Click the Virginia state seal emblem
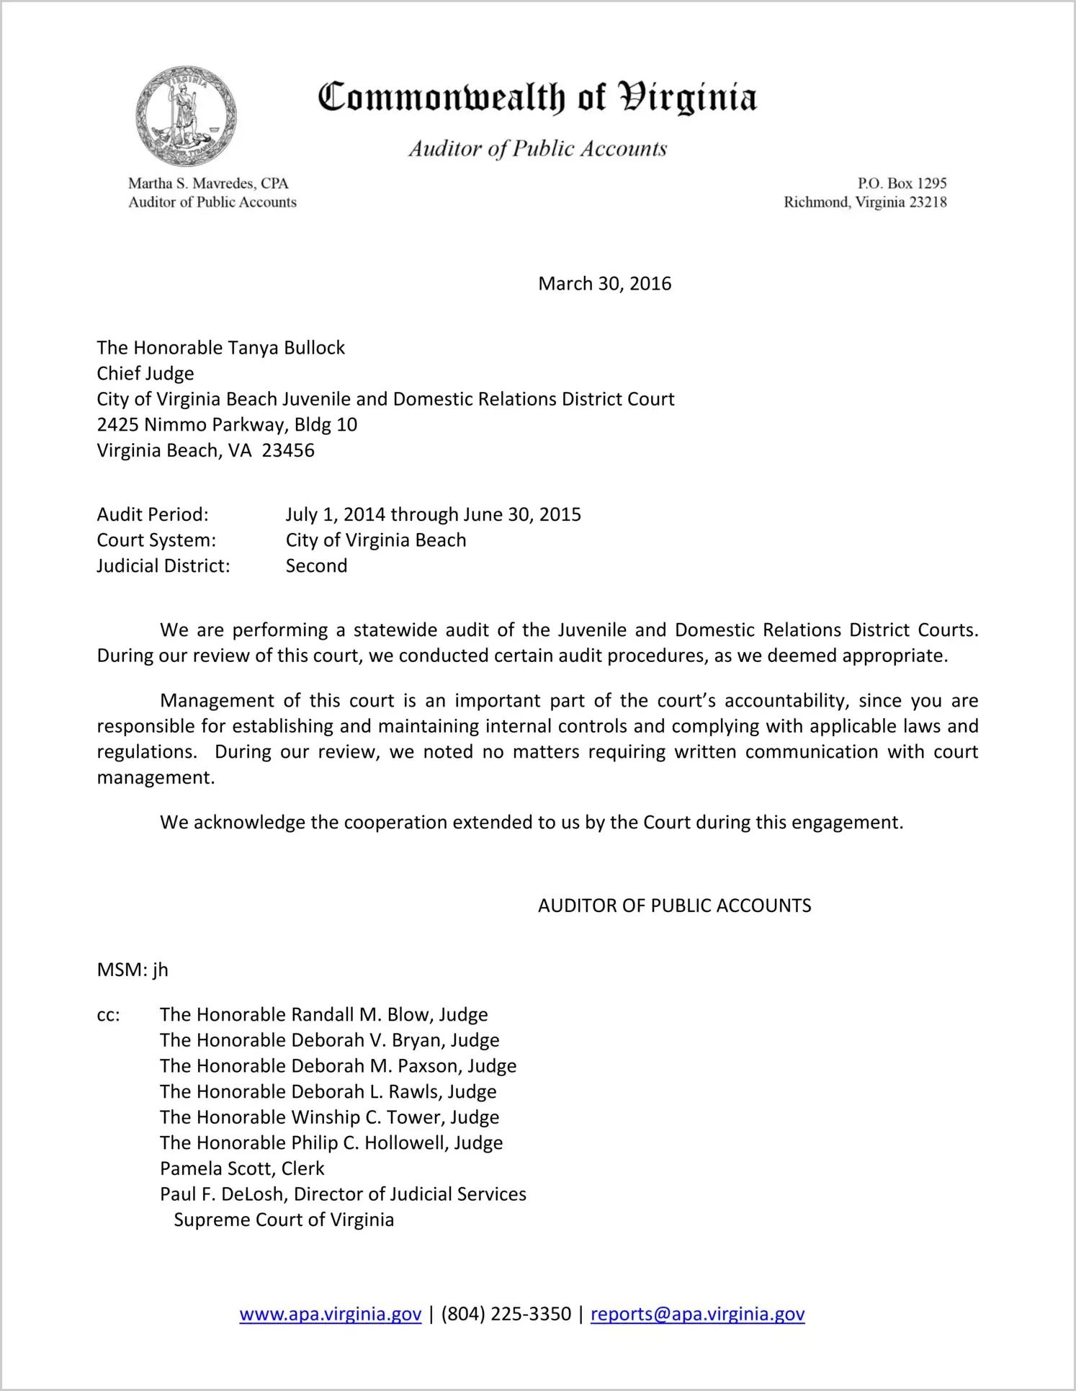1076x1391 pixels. point(186,117)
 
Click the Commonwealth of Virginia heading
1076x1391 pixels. point(537,97)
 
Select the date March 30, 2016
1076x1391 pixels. point(604,284)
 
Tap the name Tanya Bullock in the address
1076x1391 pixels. point(286,348)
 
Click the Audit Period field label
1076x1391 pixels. point(153,515)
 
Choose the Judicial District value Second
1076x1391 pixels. point(316,566)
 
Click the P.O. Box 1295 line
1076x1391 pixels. point(902,184)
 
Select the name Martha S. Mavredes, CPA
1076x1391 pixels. point(208,184)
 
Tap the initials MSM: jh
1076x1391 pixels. point(133,970)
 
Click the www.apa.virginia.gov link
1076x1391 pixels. point(330,1315)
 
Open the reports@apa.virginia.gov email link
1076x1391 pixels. point(697,1315)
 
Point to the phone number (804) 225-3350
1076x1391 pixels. point(506,1315)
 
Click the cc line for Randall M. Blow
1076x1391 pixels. point(323,1015)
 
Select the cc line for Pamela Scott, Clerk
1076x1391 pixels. point(242,1168)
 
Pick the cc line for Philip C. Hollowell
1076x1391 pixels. point(331,1143)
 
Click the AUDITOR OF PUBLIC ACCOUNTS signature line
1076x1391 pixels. point(674,906)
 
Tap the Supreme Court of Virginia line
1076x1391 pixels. point(284,1220)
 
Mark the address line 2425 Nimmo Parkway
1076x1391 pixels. point(227,425)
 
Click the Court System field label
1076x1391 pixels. point(156,540)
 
